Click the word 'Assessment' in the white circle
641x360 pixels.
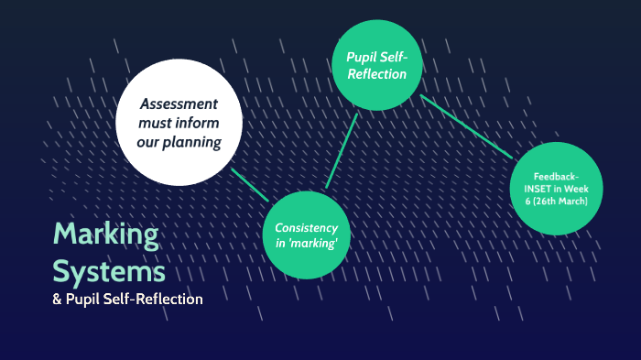[179, 104]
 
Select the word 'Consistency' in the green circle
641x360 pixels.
[307, 227]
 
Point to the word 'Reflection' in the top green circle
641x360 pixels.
[376, 73]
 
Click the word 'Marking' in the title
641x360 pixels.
[105, 235]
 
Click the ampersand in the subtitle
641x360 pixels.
[58, 300]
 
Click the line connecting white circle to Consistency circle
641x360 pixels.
[249, 184]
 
